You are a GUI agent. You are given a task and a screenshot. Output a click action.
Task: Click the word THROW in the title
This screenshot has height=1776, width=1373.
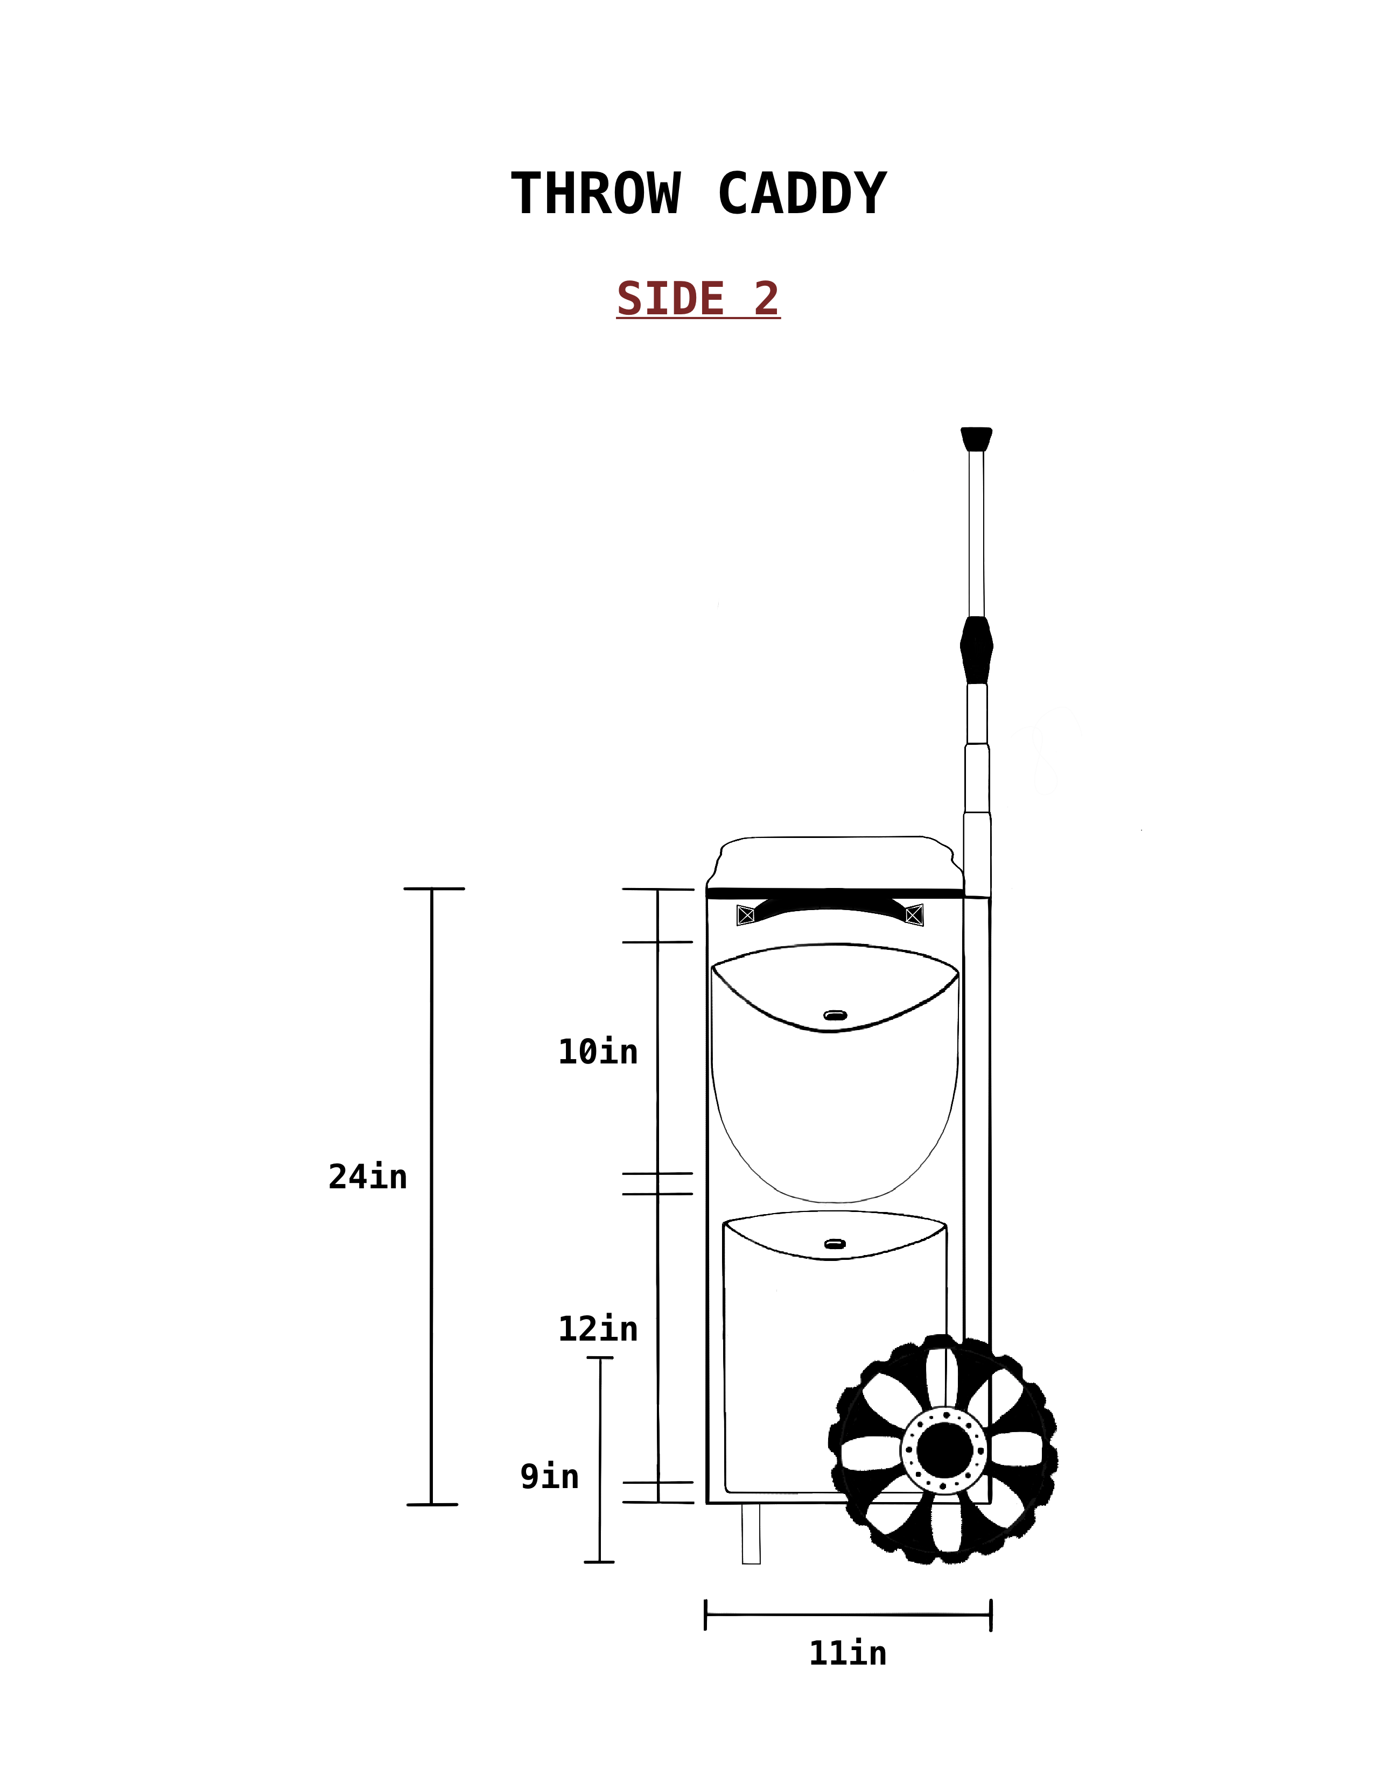596,194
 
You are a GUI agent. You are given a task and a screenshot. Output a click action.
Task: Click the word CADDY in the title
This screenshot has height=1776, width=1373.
802,194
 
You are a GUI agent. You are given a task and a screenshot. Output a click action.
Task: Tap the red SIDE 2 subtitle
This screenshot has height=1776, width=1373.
698,299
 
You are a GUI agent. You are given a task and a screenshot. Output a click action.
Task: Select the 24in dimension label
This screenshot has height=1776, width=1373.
368,1176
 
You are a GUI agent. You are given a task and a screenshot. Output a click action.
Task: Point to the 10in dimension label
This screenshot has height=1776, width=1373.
598,1052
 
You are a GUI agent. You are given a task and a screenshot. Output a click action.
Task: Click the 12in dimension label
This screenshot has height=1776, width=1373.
598,1329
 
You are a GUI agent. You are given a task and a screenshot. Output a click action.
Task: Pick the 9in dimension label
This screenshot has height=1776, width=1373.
550,1476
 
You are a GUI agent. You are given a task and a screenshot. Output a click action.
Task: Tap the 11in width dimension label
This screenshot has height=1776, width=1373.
847,1653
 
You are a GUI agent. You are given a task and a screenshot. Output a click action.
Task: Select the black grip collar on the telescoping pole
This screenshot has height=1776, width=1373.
976,650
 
